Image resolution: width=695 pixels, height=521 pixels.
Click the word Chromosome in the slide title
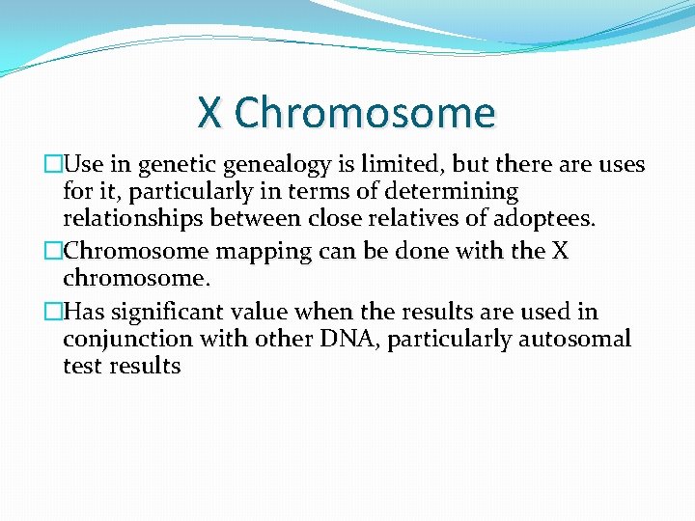364,113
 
